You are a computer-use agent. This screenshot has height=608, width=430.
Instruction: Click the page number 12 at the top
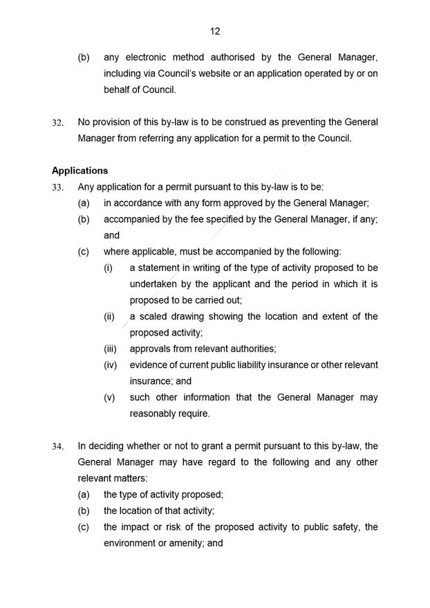(215, 31)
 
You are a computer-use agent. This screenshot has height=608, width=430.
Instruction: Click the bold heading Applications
(80, 170)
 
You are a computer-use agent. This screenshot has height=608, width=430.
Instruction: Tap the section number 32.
(58, 122)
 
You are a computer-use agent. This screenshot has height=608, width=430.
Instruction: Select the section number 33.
(58, 187)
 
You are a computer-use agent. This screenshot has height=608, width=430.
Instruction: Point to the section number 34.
(58, 446)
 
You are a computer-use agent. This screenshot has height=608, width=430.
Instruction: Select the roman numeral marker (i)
(108, 268)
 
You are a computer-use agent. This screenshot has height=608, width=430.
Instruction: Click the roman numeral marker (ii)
(109, 316)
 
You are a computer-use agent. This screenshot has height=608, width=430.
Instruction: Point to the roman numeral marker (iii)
(110, 349)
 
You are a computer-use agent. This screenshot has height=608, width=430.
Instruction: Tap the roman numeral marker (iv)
(110, 365)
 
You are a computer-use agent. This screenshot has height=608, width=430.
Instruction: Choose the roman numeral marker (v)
(109, 398)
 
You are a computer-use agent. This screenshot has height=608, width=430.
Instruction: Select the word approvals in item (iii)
(151, 349)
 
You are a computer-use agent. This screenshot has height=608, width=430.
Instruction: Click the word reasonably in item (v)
(156, 414)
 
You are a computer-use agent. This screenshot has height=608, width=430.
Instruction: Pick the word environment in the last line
(131, 544)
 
